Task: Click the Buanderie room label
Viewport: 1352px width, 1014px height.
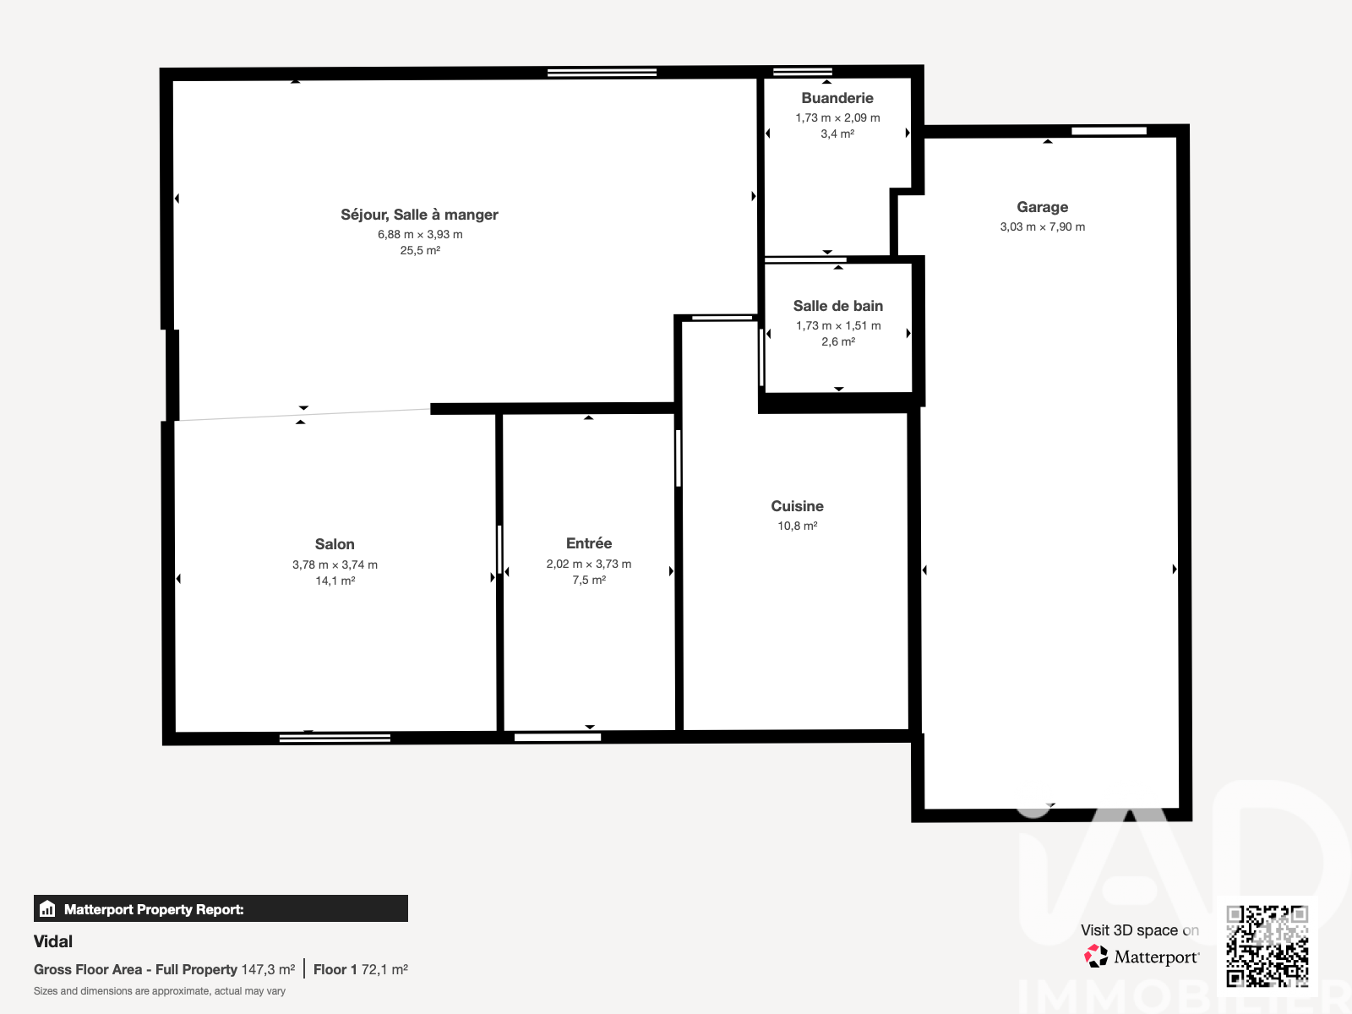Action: click(x=837, y=98)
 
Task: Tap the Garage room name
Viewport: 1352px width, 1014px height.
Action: click(x=1042, y=207)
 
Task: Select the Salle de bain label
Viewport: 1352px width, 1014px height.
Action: click(x=837, y=306)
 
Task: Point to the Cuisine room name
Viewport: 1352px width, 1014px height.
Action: click(x=797, y=506)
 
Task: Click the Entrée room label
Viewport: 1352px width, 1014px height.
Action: click(x=589, y=543)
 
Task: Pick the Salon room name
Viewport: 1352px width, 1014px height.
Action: click(x=335, y=544)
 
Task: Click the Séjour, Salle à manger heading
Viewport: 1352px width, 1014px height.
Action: click(x=419, y=215)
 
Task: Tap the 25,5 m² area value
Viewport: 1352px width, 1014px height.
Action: click(x=420, y=251)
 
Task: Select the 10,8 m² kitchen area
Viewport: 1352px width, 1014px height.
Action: click(x=797, y=526)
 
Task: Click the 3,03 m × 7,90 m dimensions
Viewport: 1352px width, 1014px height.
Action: click(x=1042, y=226)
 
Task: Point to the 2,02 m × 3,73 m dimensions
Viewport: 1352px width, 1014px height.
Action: click(x=589, y=564)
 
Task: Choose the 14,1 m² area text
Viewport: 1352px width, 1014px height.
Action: click(x=335, y=581)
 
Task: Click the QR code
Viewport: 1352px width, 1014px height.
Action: click(x=1267, y=946)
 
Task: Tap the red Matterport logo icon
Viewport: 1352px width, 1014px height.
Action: click(x=1096, y=957)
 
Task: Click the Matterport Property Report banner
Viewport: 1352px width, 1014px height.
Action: click(x=221, y=908)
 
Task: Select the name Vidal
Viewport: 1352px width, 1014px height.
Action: click(x=53, y=941)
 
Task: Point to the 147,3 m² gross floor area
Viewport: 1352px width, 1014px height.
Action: click(x=268, y=970)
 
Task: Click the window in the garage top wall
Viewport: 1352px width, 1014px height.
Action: click(x=1109, y=131)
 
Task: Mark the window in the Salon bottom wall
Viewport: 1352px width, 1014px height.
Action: click(x=335, y=738)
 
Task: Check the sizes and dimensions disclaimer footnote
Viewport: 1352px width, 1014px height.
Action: click(x=160, y=991)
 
